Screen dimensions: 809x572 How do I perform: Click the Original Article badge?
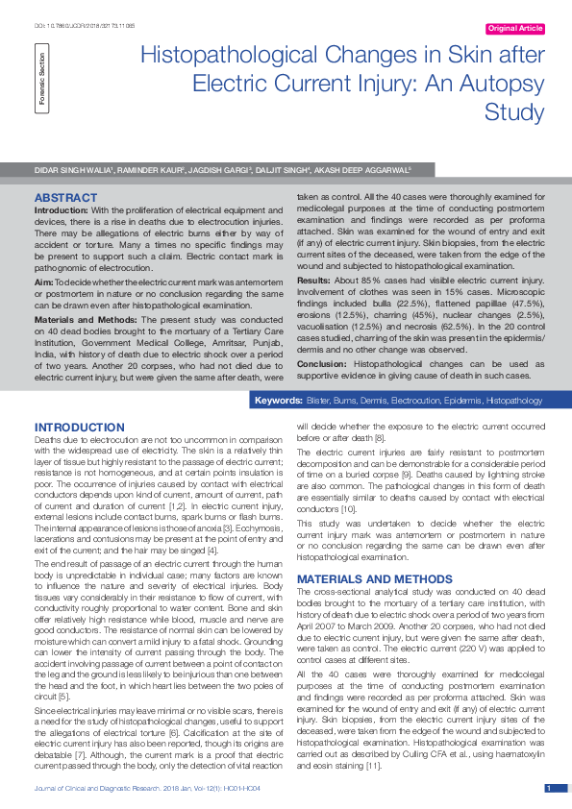click(515, 29)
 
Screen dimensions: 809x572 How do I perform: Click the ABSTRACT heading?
click(65, 197)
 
